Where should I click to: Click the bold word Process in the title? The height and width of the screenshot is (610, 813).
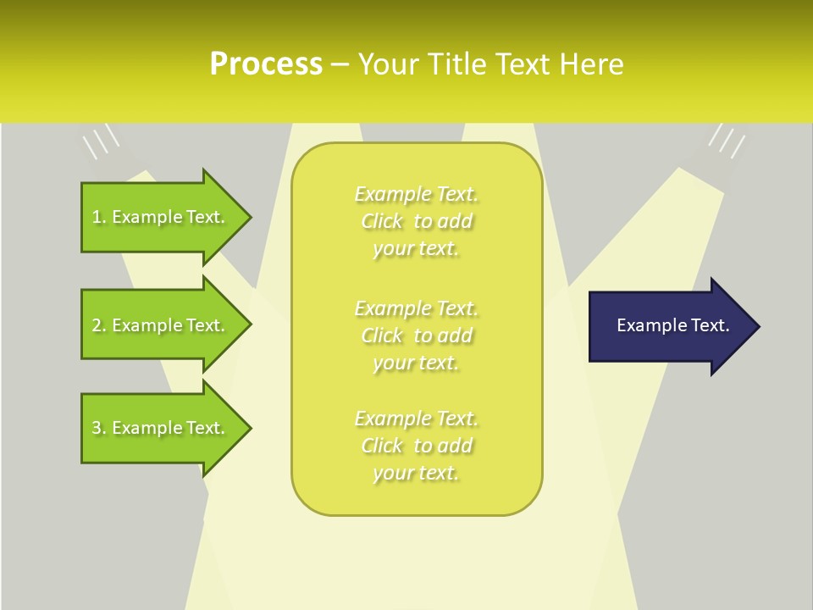tap(266, 64)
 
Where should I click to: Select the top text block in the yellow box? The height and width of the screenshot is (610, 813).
tap(416, 221)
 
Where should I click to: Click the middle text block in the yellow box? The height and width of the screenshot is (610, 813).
tap(416, 335)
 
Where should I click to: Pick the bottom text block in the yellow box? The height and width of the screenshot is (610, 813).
tap(416, 446)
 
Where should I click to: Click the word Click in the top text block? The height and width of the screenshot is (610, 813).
tap(382, 222)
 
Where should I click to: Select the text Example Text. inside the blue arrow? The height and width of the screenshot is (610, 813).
tap(673, 325)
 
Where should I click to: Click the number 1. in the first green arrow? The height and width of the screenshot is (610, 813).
tap(99, 217)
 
